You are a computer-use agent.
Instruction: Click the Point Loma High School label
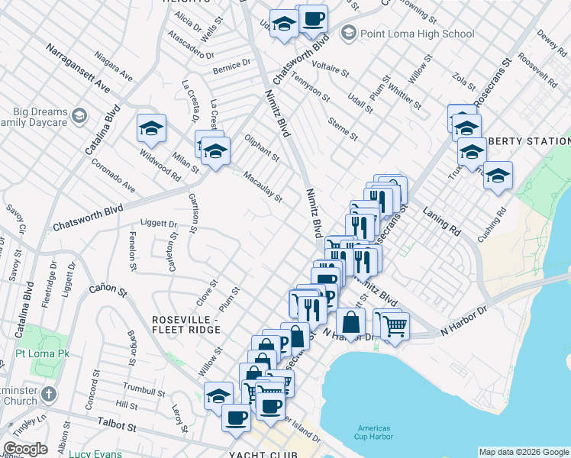(x=417, y=34)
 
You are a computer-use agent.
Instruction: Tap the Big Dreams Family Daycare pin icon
(x=79, y=117)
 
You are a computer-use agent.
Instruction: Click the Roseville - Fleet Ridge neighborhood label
(x=186, y=324)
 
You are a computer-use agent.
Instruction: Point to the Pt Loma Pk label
(x=43, y=355)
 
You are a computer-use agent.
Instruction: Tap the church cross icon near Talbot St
(x=48, y=395)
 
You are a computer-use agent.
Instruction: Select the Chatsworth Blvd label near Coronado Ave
(x=88, y=218)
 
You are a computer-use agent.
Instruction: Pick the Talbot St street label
(x=117, y=423)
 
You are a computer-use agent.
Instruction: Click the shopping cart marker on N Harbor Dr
(x=395, y=325)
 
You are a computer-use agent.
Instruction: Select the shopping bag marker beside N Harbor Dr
(x=350, y=324)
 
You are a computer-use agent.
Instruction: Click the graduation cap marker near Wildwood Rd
(x=151, y=128)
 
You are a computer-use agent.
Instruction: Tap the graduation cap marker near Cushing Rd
(x=498, y=176)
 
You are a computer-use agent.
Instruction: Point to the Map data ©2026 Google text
(x=524, y=452)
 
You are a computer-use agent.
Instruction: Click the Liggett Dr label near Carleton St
(x=159, y=224)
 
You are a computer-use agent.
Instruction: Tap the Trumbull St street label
(x=144, y=391)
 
